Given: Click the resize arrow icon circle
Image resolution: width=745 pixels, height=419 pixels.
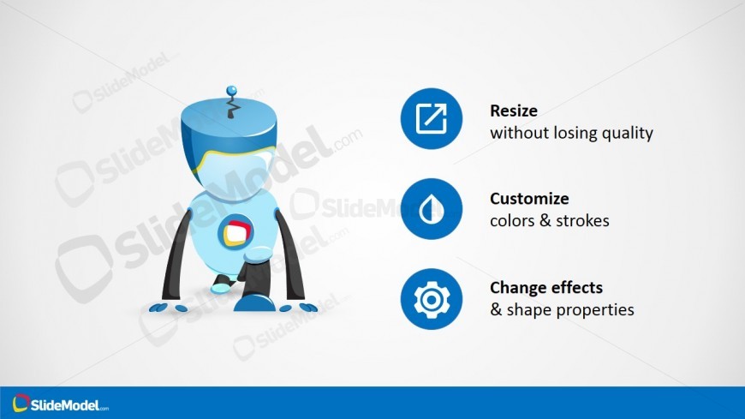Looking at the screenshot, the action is pyautogui.click(x=431, y=118).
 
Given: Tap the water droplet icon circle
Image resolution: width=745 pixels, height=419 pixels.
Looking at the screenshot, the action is pyautogui.click(x=431, y=209).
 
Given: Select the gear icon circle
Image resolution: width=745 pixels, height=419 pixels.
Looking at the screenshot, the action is pyautogui.click(x=431, y=299).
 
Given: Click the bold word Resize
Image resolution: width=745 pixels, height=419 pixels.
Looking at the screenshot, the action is pyautogui.click(x=514, y=111).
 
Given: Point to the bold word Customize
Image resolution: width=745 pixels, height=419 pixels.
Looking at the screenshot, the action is pyautogui.click(x=529, y=198).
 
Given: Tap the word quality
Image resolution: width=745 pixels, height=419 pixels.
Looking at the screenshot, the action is pyautogui.click(x=628, y=134).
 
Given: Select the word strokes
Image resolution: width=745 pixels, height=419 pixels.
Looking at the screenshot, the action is pyautogui.click(x=582, y=221).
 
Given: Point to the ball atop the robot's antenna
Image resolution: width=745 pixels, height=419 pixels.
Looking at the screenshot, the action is pyautogui.click(x=231, y=90).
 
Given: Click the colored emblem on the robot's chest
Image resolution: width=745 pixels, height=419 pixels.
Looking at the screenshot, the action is pyautogui.click(x=235, y=232).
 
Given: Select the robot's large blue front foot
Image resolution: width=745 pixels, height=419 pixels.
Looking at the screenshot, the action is pyautogui.click(x=254, y=303).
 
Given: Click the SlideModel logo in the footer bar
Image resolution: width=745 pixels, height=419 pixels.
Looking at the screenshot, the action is pyautogui.click(x=60, y=404).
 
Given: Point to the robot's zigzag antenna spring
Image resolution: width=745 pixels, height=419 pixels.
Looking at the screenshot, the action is pyautogui.click(x=232, y=106).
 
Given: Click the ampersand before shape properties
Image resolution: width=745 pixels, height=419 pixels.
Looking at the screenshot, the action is pyautogui.click(x=496, y=310).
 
